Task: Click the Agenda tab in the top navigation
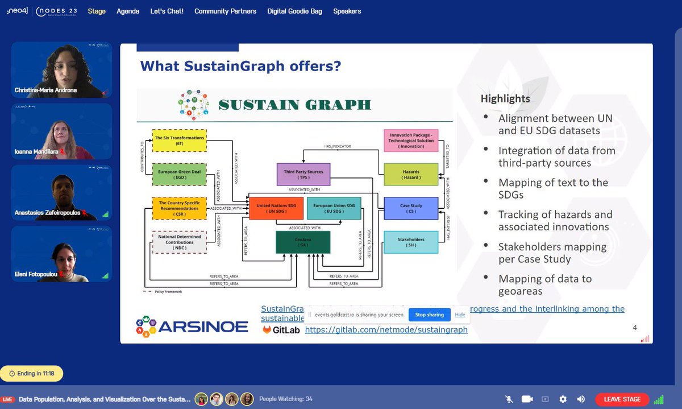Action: point(128,11)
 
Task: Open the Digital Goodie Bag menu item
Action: point(294,11)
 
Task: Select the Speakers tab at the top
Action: point(347,11)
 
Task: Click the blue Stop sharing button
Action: point(429,315)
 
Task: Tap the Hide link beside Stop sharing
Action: point(460,315)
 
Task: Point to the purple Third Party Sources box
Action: point(303,175)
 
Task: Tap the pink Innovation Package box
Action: point(411,141)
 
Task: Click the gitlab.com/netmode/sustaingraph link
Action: point(386,329)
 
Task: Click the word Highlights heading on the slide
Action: point(505,99)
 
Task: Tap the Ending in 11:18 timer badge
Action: point(32,373)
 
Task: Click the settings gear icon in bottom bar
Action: point(563,399)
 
